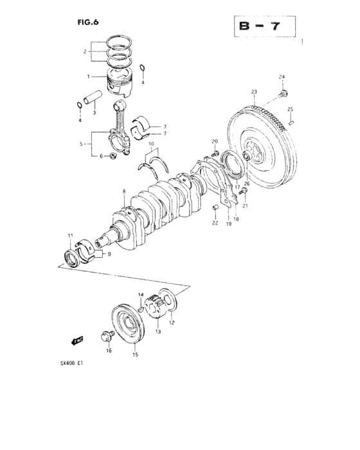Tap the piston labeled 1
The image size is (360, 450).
(x=119, y=78)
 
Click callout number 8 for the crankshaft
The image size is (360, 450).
(x=123, y=191)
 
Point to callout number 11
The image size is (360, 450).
(x=70, y=237)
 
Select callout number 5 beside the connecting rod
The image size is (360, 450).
(x=82, y=145)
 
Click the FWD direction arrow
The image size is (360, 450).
(x=77, y=343)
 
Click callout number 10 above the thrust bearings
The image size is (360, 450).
(x=152, y=153)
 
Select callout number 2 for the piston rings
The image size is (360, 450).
(x=84, y=51)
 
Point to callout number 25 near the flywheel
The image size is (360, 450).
(x=291, y=109)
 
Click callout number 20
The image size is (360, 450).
(x=214, y=141)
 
